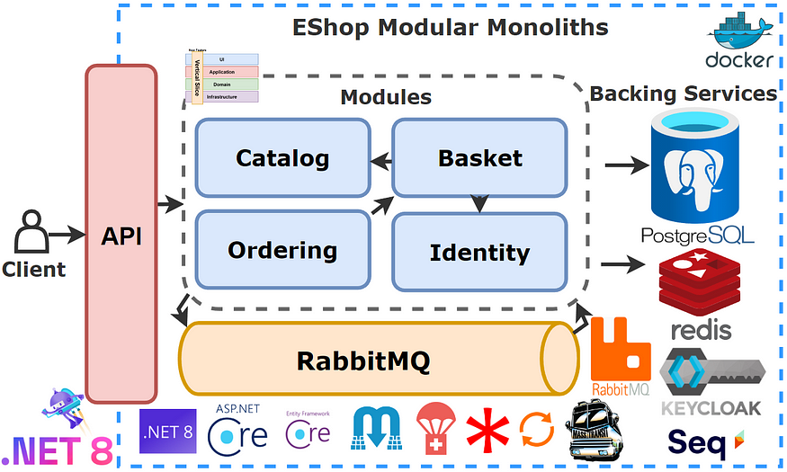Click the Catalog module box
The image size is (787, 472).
pyautogui.click(x=282, y=158)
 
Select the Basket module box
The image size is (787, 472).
pyautogui.click(x=479, y=158)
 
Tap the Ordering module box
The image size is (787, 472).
pyautogui.click(x=282, y=250)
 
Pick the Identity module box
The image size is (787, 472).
pyautogui.click(x=479, y=252)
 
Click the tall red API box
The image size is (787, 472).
pyautogui.click(x=120, y=236)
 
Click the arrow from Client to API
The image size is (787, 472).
pyautogui.click(x=66, y=235)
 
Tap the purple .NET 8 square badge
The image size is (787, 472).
pyautogui.click(x=167, y=429)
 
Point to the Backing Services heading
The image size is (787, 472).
pyautogui.click(x=683, y=94)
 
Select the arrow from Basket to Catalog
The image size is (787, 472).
pyautogui.click(x=381, y=161)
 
